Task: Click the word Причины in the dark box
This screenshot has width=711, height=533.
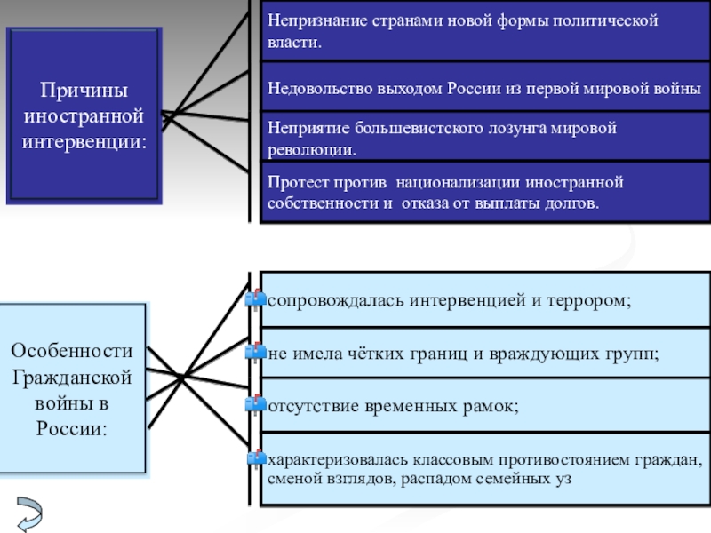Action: (84, 91)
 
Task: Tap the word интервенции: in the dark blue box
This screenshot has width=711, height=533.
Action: (84, 142)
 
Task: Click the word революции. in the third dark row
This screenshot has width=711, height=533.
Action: (312, 150)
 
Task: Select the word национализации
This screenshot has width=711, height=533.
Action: (458, 182)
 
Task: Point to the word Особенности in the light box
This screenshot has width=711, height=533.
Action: (72, 351)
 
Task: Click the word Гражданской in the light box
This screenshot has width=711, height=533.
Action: (72, 377)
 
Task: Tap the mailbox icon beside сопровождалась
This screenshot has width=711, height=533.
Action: (255, 299)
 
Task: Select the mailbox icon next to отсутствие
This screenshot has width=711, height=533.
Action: (255, 404)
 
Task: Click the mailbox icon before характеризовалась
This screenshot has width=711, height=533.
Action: (256, 459)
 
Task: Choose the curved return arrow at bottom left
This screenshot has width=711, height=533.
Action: (30, 514)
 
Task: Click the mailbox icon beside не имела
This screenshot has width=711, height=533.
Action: (255, 352)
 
